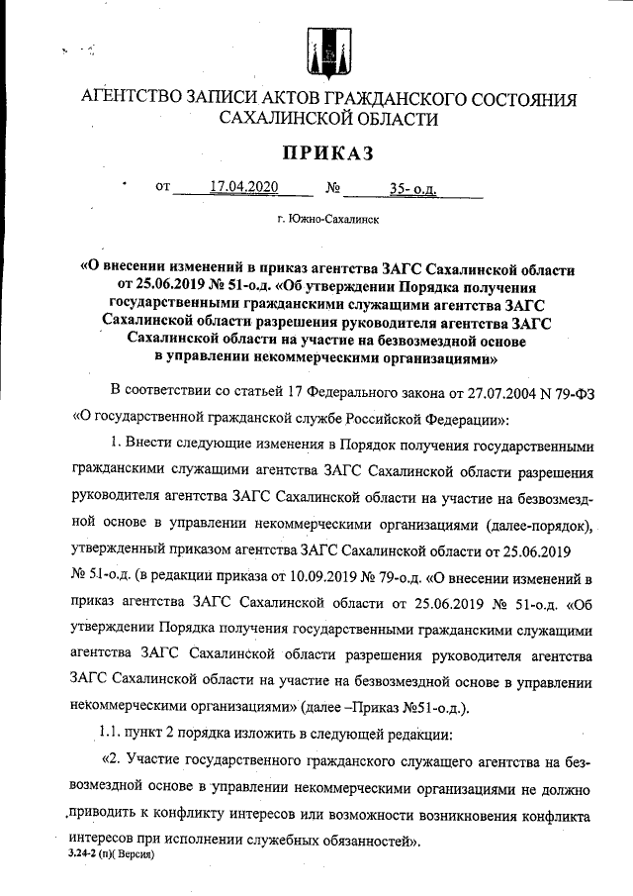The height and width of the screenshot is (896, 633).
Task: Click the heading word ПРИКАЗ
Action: pyautogui.click(x=316, y=153)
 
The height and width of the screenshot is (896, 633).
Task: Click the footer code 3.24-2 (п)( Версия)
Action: pyautogui.click(x=111, y=852)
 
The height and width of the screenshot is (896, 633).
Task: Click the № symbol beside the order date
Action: pyautogui.click(x=333, y=186)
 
